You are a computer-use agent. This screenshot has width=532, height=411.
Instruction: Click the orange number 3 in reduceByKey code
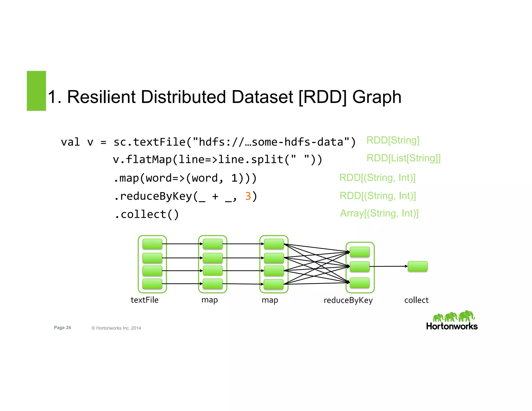click(x=248, y=196)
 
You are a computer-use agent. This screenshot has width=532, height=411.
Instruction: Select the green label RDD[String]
click(x=393, y=140)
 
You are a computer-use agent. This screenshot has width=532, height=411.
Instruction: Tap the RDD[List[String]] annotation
click(x=403, y=158)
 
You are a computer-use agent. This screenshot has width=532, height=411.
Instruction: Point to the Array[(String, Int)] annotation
click(x=379, y=213)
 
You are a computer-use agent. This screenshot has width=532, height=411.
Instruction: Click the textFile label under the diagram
click(x=144, y=300)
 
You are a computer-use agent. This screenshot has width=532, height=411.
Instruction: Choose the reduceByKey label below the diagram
click(x=348, y=300)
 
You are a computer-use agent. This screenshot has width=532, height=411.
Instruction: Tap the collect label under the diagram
click(x=416, y=300)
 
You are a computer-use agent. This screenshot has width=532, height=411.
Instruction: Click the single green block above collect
click(x=417, y=266)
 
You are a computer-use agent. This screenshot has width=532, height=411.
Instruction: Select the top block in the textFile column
click(x=152, y=244)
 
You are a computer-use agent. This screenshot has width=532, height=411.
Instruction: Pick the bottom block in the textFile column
click(x=152, y=284)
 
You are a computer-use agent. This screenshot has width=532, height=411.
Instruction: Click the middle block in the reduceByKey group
click(x=360, y=267)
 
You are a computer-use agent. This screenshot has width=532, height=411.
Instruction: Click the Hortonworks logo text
click(x=452, y=326)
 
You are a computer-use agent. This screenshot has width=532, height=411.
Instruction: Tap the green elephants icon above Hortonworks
click(x=453, y=316)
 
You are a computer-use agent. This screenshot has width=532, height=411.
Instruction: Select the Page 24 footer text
click(x=62, y=328)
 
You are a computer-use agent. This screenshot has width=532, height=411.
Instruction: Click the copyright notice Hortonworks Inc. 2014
click(x=116, y=328)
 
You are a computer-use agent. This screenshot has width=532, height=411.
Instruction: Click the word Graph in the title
click(x=377, y=97)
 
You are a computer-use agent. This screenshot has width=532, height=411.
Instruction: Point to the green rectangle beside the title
click(x=36, y=91)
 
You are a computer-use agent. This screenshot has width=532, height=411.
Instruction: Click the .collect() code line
click(x=147, y=215)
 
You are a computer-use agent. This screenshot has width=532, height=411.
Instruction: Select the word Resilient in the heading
click(x=101, y=97)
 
